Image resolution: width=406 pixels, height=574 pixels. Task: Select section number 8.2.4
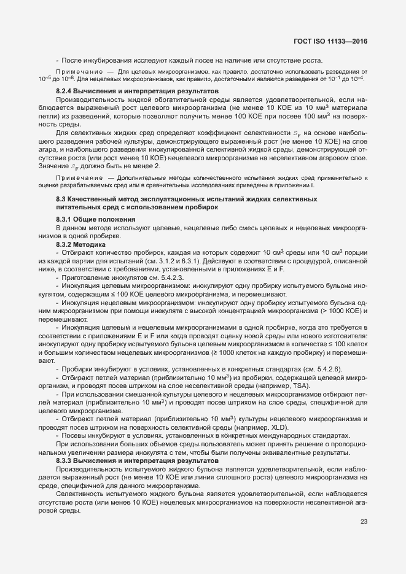(66, 91)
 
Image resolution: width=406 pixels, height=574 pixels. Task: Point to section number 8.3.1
(66, 219)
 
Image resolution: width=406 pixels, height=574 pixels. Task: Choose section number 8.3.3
(66, 460)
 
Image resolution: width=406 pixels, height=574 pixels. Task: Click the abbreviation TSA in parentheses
(301, 386)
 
